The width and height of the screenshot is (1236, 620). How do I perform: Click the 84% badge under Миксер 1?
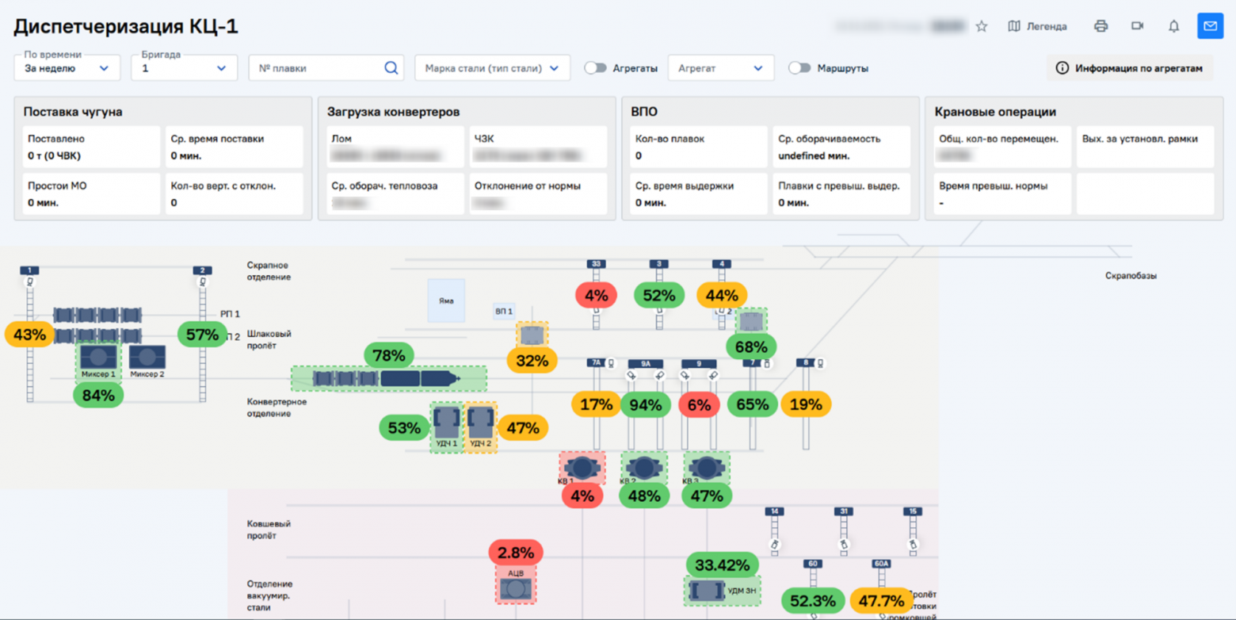(98, 395)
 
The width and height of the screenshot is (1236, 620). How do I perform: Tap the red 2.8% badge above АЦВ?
(516, 553)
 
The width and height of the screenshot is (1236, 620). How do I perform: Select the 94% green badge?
(645, 405)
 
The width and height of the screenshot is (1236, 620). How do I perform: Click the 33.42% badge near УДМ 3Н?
(722, 565)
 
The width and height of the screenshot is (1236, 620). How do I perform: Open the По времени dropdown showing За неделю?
(67, 68)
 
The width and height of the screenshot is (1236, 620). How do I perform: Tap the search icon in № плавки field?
(391, 68)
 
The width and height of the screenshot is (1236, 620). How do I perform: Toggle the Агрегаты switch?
(596, 68)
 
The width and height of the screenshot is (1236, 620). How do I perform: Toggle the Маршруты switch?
(799, 68)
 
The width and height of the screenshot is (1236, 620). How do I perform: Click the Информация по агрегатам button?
(1130, 68)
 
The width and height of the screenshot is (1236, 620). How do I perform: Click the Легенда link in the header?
(1038, 26)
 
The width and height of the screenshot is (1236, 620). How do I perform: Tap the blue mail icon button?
(1210, 26)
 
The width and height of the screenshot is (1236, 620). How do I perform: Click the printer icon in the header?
(1101, 26)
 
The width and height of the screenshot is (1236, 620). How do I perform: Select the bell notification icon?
(1173, 26)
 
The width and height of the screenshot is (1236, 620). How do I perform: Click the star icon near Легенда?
(982, 26)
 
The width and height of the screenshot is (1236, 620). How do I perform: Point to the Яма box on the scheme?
(446, 300)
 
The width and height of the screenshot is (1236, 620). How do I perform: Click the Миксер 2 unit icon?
(147, 358)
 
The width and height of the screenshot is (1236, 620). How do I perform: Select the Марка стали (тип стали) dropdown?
(492, 68)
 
